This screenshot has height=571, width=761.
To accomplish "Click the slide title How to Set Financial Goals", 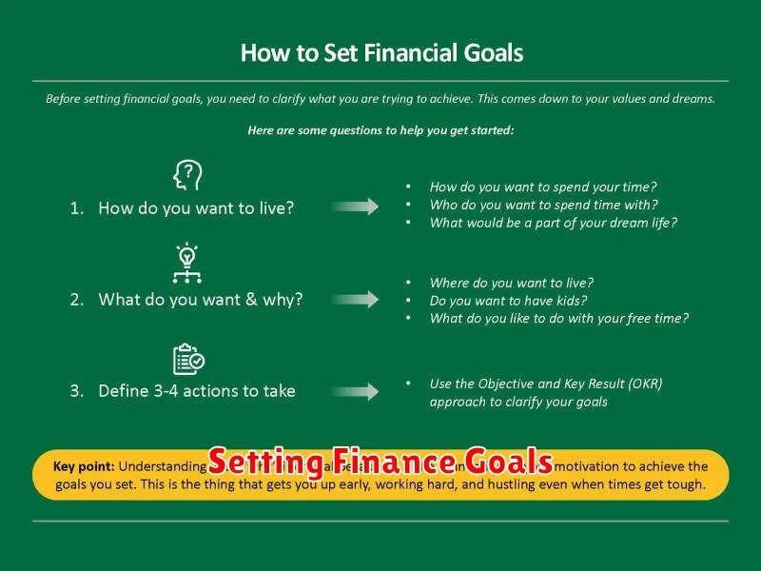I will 381,52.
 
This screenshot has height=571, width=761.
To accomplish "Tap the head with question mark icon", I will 186,176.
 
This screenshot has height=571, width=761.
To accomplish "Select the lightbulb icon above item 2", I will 186,264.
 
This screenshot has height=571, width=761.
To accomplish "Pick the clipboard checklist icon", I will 187,359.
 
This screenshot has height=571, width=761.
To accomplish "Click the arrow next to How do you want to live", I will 357,207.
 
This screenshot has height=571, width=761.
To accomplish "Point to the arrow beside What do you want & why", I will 357,300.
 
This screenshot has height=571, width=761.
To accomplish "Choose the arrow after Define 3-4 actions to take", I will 357,391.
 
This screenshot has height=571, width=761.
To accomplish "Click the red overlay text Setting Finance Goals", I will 380,462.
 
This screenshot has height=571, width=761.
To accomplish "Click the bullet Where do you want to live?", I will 511,283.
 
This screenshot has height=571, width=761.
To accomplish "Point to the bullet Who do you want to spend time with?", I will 543,205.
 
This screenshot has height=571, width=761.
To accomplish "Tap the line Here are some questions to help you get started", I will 380,130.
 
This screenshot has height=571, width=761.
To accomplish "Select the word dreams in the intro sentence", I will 692,99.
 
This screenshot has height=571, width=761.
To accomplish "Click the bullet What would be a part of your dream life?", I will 553,223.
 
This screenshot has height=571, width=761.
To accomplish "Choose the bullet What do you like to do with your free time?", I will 558,319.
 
